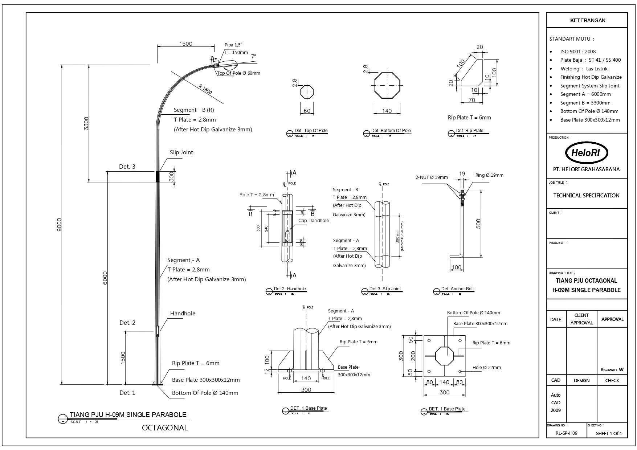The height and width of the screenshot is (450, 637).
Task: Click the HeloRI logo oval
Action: click(x=587, y=153)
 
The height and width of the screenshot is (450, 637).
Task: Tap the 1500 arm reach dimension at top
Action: click(x=185, y=44)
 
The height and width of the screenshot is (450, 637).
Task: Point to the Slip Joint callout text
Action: click(x=181, y=152)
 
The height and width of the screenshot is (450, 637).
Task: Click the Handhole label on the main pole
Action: click(x=183, y=314)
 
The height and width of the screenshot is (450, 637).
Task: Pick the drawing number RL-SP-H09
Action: click(x=566, y=433)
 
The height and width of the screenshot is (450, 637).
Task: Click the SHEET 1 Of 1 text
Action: click(x=609, y=433)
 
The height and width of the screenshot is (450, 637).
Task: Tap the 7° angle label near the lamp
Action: click(x=253, y=57)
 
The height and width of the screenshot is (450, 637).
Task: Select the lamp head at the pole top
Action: click(x=228, y=65)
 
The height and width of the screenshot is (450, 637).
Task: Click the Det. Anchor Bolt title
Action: click(x=457, y=289)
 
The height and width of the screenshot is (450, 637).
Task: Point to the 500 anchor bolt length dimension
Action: click(x=478, y=224)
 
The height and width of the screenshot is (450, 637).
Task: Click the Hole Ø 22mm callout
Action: click(x=486, y=367)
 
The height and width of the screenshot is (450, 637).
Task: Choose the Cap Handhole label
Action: click(x=313, y=221)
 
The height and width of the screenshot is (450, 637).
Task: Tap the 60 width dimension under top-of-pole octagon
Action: click(x=307, y=111)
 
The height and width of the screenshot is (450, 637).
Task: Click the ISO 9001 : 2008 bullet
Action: click(x=578, y=52)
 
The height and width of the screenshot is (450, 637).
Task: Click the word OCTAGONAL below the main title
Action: click(x=165, y=427)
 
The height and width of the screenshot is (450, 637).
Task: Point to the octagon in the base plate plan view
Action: click(x=444, y=356)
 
